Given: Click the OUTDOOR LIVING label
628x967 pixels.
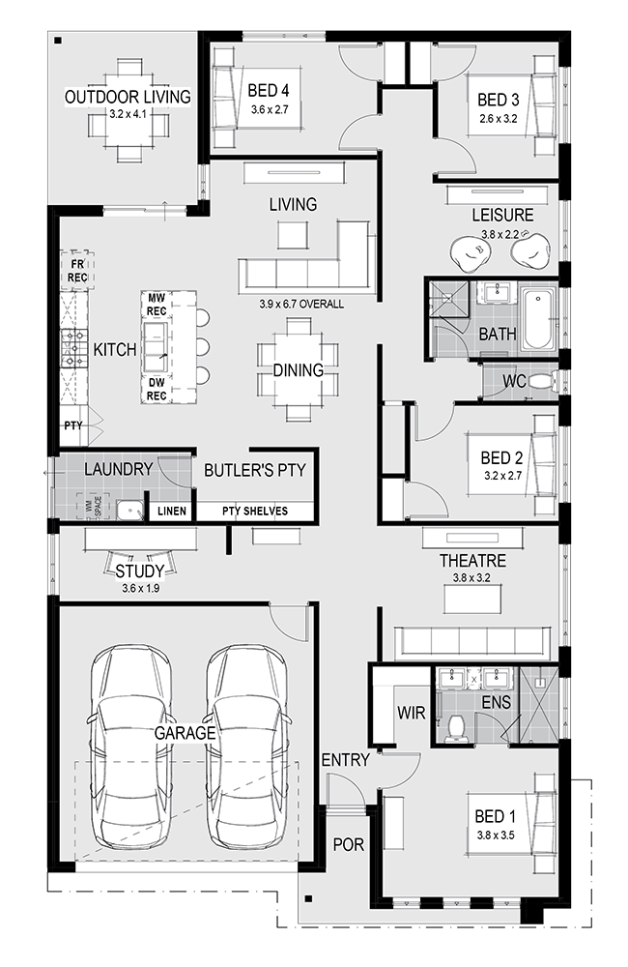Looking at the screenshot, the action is click(x=128, y=97).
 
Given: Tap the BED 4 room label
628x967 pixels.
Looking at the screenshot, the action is click(x=268, y=91).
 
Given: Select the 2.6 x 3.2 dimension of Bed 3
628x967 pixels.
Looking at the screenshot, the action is click(x=498, y=118).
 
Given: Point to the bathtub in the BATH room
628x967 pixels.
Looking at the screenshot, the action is click(x=537, y=319).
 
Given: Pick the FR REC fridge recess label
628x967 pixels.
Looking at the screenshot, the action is click(x=77, y=271).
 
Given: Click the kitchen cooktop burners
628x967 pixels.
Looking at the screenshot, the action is click(x=73, y=348).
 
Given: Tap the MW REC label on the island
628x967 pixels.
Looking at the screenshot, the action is click(x=157, y=305).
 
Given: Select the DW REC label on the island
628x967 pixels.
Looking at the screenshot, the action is click(x=157, y=389).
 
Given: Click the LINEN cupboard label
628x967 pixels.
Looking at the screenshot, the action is click(x=171, y=512).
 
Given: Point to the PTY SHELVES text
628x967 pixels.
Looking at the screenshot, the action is click(x=254, y=511).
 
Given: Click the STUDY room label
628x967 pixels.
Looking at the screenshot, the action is click(x=140, y=571).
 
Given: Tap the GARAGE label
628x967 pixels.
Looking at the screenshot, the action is click(x=185, y=733).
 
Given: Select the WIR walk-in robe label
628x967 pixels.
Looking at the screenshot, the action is click(x=411, y=713).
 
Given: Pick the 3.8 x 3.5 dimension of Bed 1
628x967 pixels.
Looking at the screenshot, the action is click(x=496, y=835).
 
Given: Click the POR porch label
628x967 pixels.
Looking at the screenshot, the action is click(x=348, y=844).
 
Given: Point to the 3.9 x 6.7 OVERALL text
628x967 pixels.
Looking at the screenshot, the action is click(x=301, y=304).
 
